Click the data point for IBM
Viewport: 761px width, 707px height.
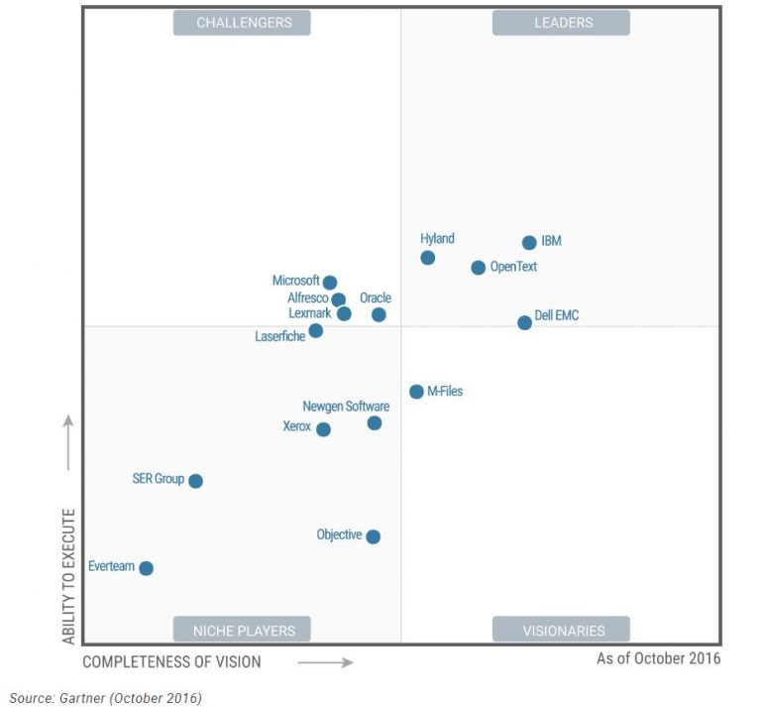coord(529,243)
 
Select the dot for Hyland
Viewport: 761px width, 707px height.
coord(427,258)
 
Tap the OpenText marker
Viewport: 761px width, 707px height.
coord(478,268)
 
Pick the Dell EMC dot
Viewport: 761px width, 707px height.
coord(524,322)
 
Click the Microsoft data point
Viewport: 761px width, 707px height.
coord(330,283)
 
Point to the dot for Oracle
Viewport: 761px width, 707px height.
coord(379,314)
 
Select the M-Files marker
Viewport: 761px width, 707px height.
coord(416,392)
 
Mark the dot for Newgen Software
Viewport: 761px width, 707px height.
coord(374,423)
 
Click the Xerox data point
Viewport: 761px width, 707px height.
coord(323,429)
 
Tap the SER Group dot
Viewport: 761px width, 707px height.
coord(195,481)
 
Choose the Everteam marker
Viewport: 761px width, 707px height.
coord(146,568)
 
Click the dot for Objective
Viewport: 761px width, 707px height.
coord(373,536)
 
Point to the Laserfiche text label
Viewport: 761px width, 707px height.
coord(280,337)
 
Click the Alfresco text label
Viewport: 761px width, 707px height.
coord(307,298)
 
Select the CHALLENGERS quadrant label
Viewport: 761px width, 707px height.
coord(242,23)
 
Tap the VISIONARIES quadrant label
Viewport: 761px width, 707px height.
coord(562,630)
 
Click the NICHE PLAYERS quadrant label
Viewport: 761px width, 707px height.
coord(242,630)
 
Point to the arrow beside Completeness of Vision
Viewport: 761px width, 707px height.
coord(325,662)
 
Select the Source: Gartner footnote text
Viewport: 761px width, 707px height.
coord(105,698)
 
